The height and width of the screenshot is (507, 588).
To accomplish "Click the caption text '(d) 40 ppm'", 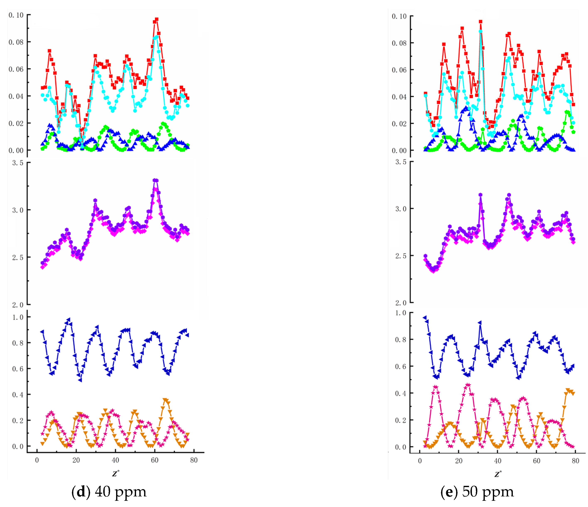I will tap(109, 492).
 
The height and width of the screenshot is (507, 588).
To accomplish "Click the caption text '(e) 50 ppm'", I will tap(477, 492).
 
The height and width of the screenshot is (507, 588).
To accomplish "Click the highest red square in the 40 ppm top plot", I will tap(156, 20).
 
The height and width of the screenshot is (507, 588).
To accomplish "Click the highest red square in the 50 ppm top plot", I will tap(480, 22).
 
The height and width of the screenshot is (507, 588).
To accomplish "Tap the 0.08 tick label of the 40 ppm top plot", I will tap(16, 42).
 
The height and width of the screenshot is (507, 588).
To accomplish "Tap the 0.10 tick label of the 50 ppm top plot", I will tap(399, 16).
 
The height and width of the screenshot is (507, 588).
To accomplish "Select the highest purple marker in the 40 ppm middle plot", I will tap(155, 180).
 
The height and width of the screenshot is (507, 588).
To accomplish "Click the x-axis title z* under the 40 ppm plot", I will tap(116, 473).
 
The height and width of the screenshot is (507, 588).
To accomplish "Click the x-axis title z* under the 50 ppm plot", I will tap(498, 474).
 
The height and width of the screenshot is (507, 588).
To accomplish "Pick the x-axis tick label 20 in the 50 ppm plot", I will tap(459, 461).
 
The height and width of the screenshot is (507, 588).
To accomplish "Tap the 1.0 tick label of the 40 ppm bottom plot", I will tap(18, 317).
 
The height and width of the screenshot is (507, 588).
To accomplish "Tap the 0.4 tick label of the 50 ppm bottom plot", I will tap(400, 393).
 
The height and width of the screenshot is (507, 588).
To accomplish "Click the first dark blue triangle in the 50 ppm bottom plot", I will tap(425, 318).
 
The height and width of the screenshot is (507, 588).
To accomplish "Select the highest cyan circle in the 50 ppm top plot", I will tap(480, 32).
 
